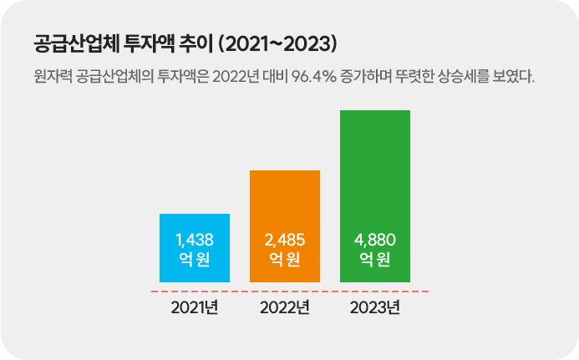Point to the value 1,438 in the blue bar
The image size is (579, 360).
point(195,241)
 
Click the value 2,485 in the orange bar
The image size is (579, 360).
point(285,241)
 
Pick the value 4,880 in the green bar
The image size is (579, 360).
point(375,241)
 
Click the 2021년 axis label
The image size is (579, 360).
point(195,307)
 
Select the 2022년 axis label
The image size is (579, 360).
point(285,307)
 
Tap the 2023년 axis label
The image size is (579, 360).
point(375,307)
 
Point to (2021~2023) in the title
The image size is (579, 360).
point(282,42)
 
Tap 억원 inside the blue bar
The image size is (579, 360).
point(195,260)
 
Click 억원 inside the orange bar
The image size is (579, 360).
point(285,260)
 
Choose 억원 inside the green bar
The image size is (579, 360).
point(375,260)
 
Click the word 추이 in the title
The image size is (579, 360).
point(199,42)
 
